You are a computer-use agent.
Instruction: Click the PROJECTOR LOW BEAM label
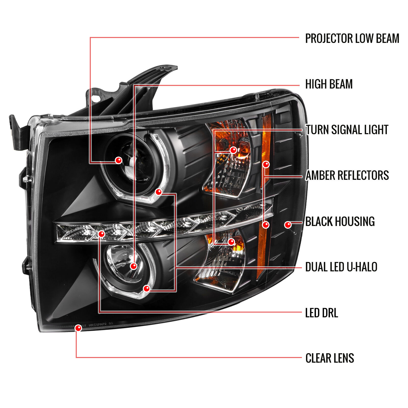352,39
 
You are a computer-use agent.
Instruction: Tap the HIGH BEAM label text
329,84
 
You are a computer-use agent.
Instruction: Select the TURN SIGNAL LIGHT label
347,130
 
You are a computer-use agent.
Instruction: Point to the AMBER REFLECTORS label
347,175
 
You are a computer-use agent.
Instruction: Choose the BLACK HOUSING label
340,221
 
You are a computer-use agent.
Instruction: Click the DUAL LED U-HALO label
341,267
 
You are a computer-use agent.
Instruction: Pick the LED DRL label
322,313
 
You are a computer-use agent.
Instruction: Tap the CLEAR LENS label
330,358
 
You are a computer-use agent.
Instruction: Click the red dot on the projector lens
119,160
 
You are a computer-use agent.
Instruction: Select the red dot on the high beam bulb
134,266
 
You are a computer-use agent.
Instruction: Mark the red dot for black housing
288,225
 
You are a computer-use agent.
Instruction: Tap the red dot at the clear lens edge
78,328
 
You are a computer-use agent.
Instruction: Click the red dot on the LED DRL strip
101,234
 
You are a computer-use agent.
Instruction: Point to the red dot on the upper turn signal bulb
233,150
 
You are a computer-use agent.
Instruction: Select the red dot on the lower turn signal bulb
231,242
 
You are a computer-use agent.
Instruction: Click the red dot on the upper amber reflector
266,164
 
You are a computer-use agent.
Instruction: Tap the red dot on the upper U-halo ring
159,192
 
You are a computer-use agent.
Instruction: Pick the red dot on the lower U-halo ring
146,289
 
